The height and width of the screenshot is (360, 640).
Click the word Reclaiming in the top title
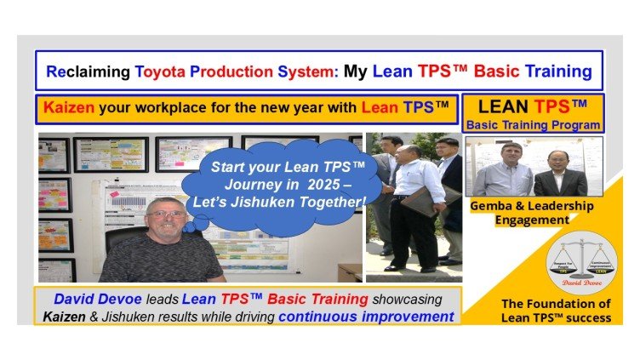88,71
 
